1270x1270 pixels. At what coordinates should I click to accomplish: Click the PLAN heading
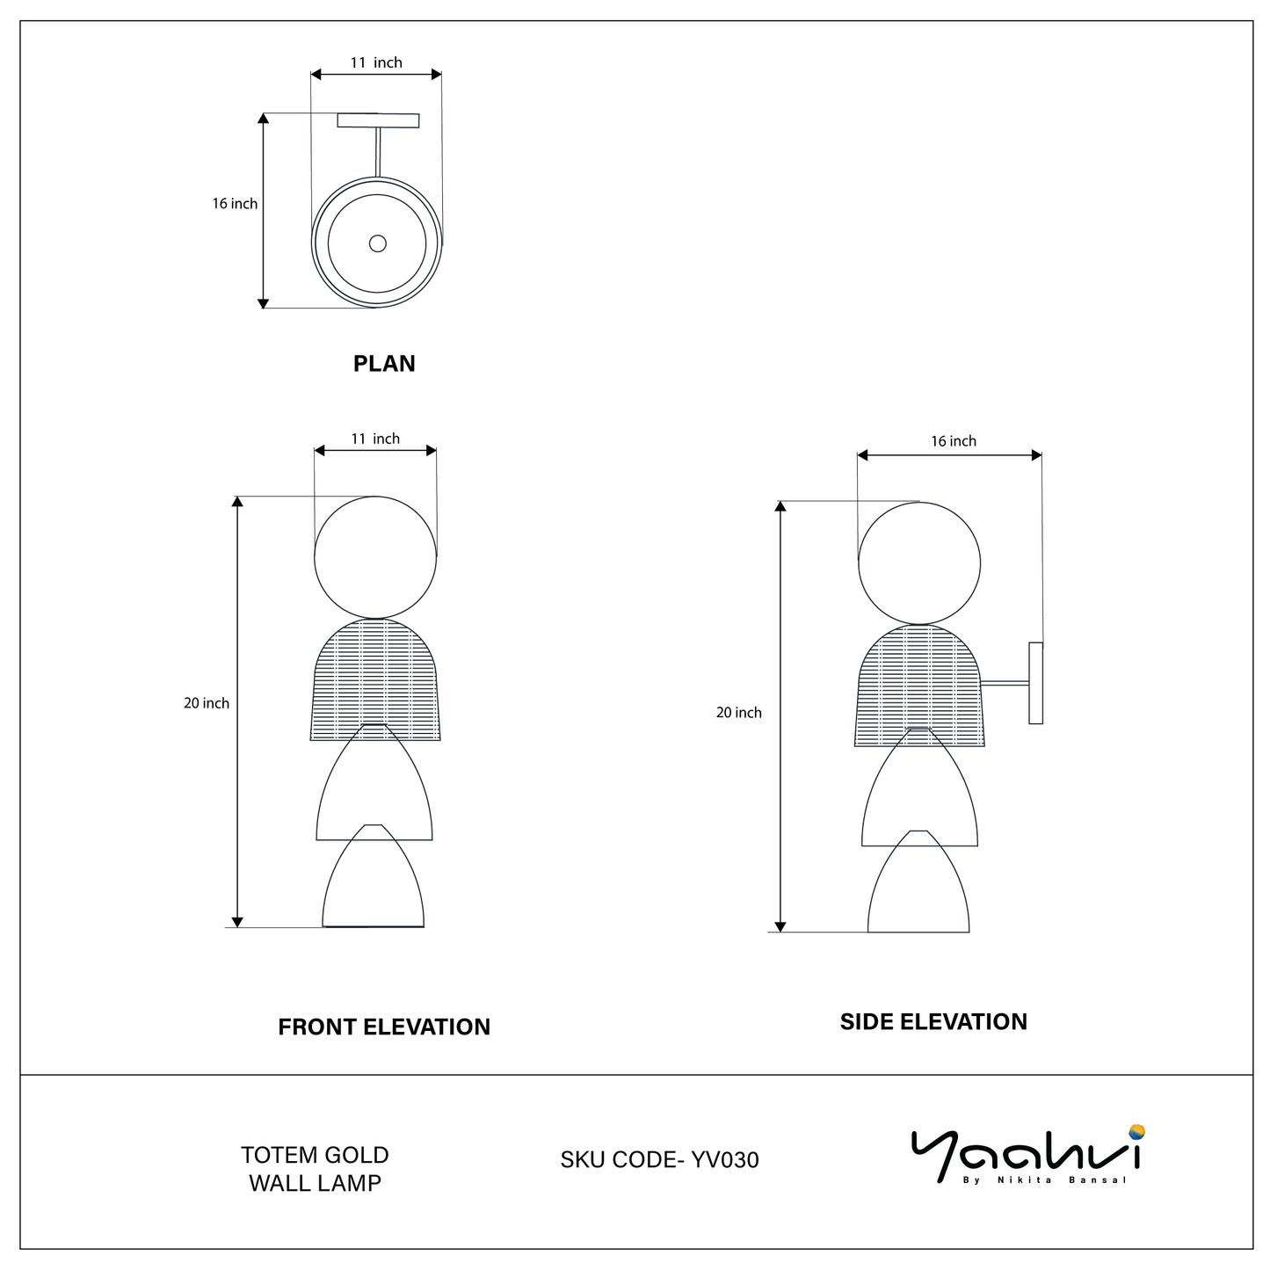384,363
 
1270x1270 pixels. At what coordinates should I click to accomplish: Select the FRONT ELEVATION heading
384,1027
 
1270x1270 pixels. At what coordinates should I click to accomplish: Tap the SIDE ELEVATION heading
933,1021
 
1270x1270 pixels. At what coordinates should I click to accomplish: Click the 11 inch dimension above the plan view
375,62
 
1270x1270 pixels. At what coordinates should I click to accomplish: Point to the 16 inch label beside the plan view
235,204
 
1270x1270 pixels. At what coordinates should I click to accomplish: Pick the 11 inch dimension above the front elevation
375,439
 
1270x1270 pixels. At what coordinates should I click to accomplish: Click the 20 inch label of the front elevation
207,703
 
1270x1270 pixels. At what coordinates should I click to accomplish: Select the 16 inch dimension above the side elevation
953,441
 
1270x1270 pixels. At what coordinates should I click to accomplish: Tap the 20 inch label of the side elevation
739,713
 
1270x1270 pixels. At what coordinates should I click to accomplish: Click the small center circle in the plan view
378,243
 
